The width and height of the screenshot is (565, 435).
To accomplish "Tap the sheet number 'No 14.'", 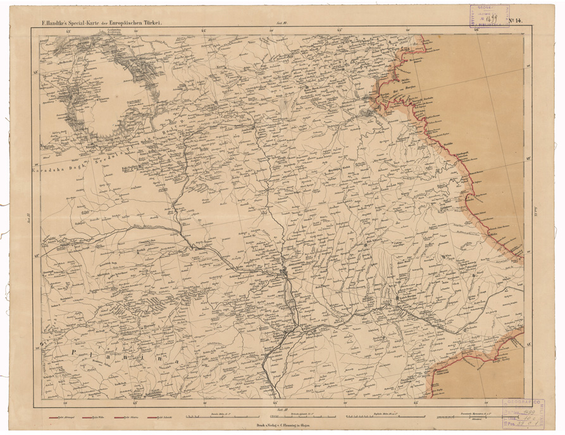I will click(x=514, y=21).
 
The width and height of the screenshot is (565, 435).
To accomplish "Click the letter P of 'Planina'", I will click(x=75, y=352).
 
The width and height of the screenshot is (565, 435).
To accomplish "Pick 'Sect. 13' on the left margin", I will click(x=30, y=218).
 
